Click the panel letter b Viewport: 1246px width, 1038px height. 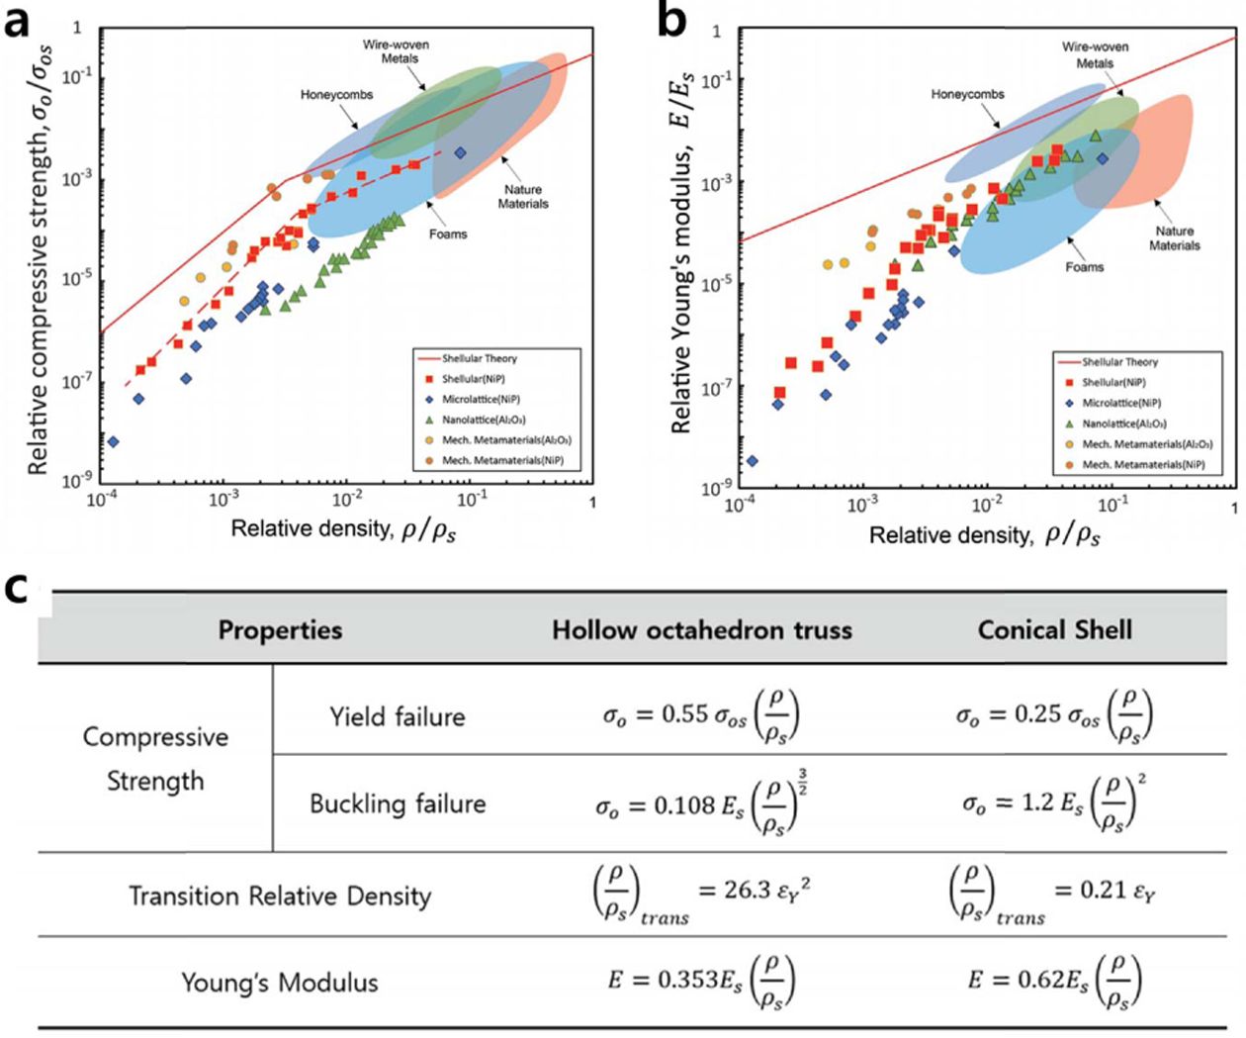pos(671,22)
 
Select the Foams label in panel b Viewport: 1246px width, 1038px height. pos(1085,267)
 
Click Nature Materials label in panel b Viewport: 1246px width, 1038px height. pos(1174,238)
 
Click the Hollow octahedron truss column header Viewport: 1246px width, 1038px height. pos(701,630)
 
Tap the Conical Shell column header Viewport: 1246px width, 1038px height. pos(1054,630)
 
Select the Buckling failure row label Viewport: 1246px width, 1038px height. pos(398,802)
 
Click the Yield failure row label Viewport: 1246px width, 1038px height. pos(398,716)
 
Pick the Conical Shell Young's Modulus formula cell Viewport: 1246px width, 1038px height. pos(1054,982)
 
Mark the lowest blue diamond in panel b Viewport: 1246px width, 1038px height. pos(752,460)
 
